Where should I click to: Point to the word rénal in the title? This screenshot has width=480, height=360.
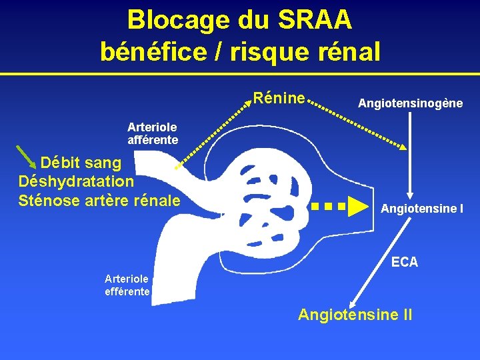pyautogui.click(x=348, y=51)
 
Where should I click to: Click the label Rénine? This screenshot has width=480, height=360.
pyautogui.click(x=279, y=99)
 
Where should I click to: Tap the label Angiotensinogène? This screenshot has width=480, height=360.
pyautogui.click(x=410, y=103)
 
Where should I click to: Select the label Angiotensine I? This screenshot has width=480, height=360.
pyautogui.click(x=422, y=209)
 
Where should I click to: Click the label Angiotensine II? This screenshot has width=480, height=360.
pyautogui.click(x=355, y=314)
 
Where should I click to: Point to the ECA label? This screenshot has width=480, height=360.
pyautogui.click(x=405, y=262)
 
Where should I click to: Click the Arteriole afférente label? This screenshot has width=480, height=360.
pyautogui.click(x=153, y=133)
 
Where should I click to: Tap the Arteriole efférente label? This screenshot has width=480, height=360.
pyautogui.click(x=128, y=285)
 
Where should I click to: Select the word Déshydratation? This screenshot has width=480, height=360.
pyautogui.click(x=77, y=181)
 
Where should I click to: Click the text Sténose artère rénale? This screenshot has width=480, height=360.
pyautogui.click(x=99, y=199)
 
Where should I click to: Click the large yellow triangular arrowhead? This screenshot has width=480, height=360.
pyautogui.click(x=359, y=207)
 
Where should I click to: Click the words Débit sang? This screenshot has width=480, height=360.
pyautogui.click(x=81, y=162)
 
